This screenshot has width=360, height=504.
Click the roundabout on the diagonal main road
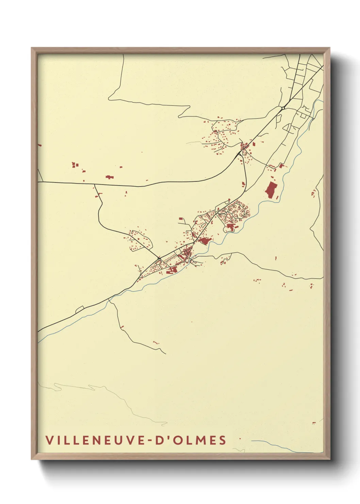tap(283, 108)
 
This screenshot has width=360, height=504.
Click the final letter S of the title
tap(223, 440)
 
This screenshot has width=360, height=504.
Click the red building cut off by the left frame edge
tap(39, 145)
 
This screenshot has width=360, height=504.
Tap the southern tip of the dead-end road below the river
tap(165, 353)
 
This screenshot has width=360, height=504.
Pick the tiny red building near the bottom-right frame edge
tap(314, 423)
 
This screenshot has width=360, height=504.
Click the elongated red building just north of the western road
tap(109, 177)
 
